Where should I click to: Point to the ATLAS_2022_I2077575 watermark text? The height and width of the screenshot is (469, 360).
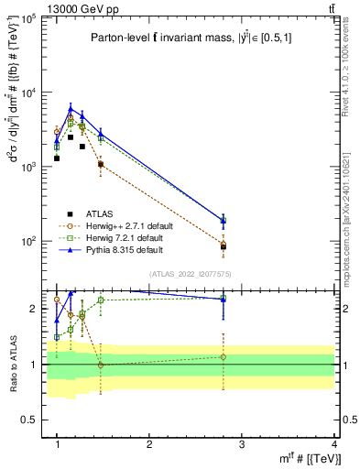[x=191, y=273]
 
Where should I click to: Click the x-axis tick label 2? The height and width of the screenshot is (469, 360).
[x=149, y=444]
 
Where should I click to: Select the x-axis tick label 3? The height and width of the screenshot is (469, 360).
[x=242, y=444]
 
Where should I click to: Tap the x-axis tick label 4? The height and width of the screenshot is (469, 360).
[x=334, y=444]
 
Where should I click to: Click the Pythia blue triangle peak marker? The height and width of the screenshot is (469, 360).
[x=71, y=108]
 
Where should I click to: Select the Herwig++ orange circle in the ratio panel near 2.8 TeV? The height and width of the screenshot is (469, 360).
[x=224, y=357]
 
